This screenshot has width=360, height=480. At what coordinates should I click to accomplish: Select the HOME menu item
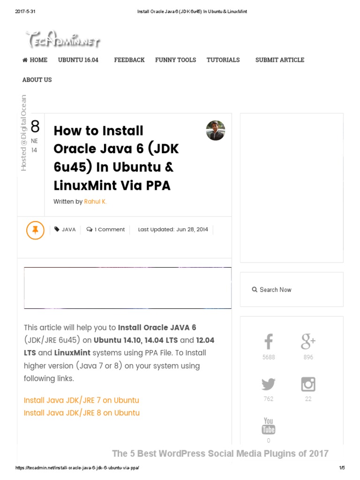[35, 60]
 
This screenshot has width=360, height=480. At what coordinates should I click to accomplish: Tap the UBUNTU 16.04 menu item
[78, 60]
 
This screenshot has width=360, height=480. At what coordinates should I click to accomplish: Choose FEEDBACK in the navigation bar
[129, 60]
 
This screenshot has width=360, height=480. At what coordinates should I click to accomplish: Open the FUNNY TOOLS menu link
[175, 60]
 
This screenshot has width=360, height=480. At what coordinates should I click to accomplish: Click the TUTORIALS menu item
[223, 60]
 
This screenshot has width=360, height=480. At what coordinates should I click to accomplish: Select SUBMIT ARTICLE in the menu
[279, 60]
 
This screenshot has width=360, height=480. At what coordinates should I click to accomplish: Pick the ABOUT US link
[37, 80]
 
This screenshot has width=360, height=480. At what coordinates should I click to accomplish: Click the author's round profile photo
[216, 130]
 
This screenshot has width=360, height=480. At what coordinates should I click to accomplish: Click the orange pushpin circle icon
[35, 230]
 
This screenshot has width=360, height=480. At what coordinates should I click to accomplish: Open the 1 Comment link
[106, 230]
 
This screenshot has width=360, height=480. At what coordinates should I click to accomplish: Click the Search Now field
[292, 290]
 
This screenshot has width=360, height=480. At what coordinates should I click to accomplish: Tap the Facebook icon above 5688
[269, 342]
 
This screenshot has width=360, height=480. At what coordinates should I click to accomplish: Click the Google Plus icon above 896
[308, 342]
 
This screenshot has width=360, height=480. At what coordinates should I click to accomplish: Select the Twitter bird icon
[269, 384]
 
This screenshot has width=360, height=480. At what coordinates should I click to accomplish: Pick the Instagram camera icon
[308, 384]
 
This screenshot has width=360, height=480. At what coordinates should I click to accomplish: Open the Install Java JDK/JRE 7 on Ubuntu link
[82, 400]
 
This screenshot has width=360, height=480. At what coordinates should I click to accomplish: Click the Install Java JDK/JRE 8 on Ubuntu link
[82, 413]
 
